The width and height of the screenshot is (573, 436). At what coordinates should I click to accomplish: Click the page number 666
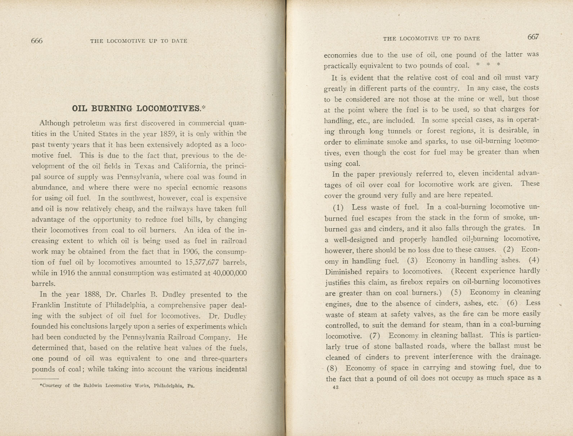[x=37, y=41]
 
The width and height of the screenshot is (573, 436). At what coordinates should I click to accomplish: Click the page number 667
[x=533, y=37]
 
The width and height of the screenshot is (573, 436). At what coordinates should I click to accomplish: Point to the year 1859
[x=165, y=134]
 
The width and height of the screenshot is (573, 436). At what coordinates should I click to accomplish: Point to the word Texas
[x=144, y=166]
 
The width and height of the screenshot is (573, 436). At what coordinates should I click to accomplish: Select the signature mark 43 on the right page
[x=336, y=387]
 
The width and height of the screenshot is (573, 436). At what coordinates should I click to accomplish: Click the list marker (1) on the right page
[x=338, y=207]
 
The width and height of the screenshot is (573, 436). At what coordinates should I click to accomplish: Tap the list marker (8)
[x=332, y=368]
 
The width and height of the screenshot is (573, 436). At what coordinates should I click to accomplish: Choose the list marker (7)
[x=375, y=335]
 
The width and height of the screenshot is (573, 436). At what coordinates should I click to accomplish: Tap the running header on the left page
[x=139, y=41]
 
